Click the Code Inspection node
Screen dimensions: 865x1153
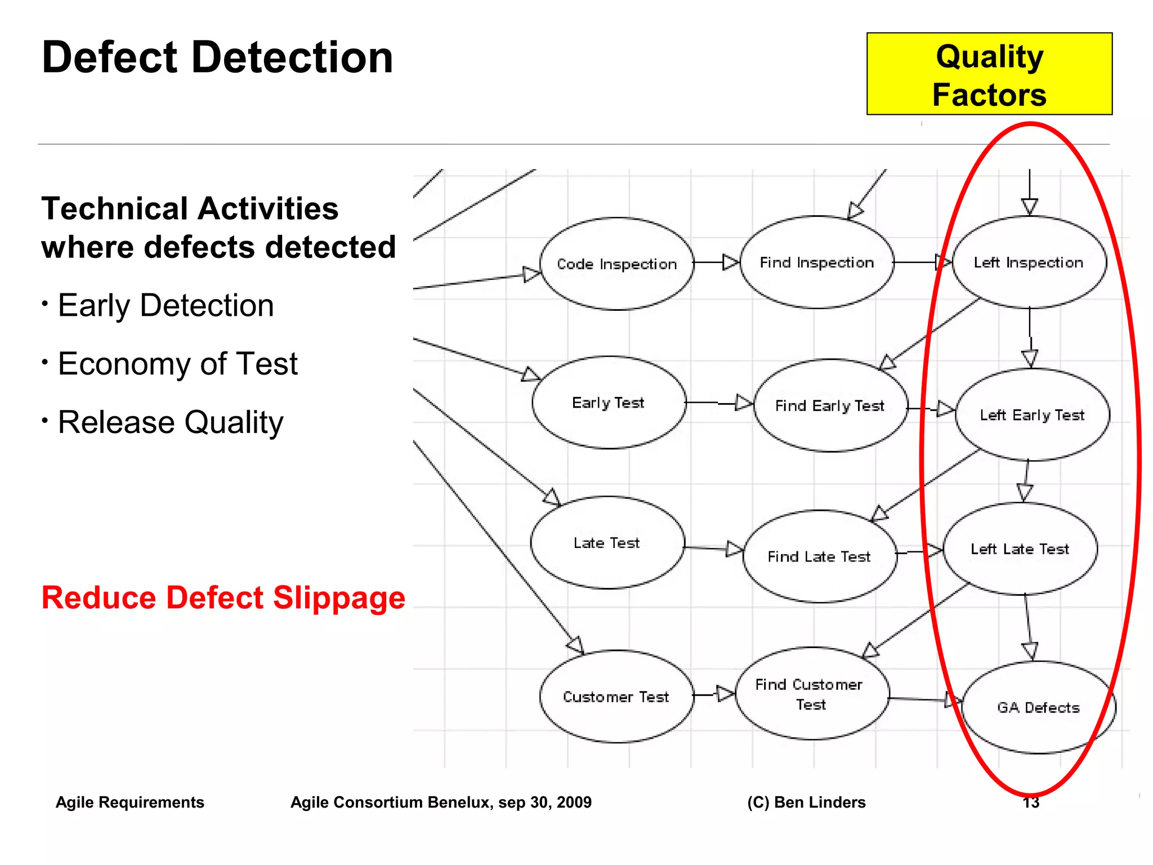(616, 264)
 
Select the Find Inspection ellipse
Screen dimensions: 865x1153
(816, 262)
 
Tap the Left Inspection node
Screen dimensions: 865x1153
(1029, 262)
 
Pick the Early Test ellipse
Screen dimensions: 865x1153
(609, 403)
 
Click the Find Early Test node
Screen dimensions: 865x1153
(830, 405)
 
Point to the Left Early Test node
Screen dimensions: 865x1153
(1032, 415)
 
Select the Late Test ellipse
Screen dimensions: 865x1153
(607, 543)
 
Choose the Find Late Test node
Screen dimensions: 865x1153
(819, 556)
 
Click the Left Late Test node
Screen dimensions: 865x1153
(1020, 549)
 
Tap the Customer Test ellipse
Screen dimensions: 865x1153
(616, 697)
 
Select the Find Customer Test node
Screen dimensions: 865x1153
(811, 694)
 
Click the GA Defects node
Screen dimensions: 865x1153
(1039, 707)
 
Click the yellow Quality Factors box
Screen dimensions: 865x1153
(989, 74)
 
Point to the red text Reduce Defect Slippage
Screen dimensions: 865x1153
(223, 598)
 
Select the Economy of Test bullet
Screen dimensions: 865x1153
(177, 364)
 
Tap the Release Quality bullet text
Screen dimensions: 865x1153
(171, 422)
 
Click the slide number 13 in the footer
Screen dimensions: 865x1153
(1030, 802)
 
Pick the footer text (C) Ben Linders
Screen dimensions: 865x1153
(806, 802)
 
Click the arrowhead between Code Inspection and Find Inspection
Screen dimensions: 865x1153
(731, 262)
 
